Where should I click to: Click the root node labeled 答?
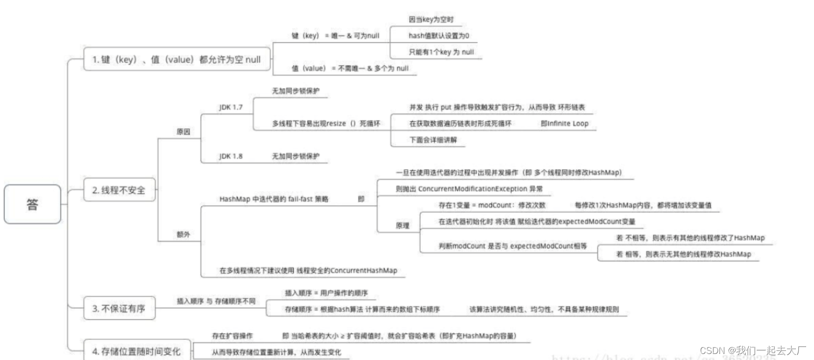tap(32, 204)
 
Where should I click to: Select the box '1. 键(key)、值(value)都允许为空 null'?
tap(176, 59)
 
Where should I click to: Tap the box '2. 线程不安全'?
tap(119, 190)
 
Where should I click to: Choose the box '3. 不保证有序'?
tap(119, 308)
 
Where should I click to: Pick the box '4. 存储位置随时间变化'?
tap(136, 351)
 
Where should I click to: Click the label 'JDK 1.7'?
tap(231, 107)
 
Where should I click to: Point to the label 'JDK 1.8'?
tap(231, 156)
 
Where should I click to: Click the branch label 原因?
tap(184, 131)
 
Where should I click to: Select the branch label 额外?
tap(184, 234)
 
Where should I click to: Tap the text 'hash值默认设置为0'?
tap(438, 36)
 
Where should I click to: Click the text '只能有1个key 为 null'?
tap(441, 52)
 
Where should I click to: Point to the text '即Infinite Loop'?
tap(564, 123)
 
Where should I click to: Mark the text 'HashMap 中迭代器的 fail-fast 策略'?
tap(274, 199)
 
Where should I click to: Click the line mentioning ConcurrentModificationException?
tap(469, 189)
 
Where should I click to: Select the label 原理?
tap(402, 226)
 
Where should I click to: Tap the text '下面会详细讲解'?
tap(433, 140)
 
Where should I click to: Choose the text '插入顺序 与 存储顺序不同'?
tap(216, 301)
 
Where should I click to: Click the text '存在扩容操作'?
tap(232, 335)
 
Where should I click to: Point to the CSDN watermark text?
tap(752, 350)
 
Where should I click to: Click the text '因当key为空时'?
tap(431, 19)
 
